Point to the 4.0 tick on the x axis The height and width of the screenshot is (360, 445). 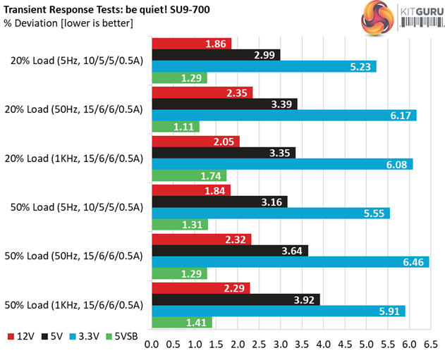(324, 345)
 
